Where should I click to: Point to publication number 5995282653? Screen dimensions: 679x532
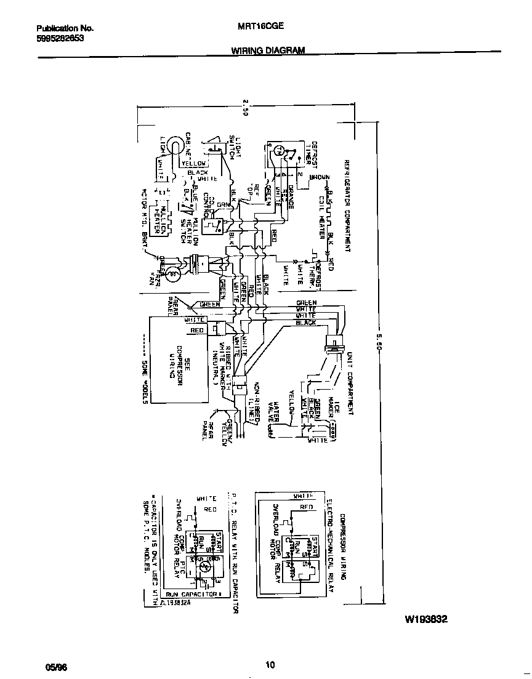point(60,38)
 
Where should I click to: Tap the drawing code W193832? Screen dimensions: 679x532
point(425,619)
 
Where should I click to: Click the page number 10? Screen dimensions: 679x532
point(270,664)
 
